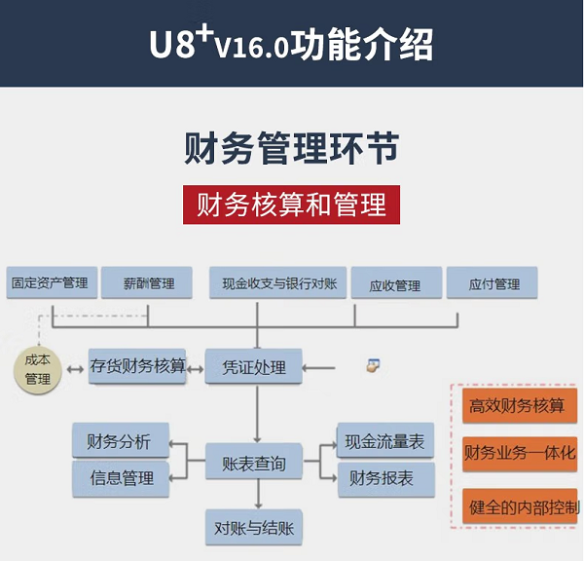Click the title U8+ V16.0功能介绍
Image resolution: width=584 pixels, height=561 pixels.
[x=291, y=44]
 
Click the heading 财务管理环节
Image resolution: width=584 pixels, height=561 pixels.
[x=291, y=150]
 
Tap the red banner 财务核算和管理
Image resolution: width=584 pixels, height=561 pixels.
[x=291, y=205]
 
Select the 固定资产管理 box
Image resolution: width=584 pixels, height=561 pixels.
[x=50, y=283]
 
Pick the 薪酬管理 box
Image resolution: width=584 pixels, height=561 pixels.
[x=149, y=283]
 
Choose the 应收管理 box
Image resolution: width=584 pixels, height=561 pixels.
[x=394, y=284]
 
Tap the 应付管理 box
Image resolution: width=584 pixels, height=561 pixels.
[x=493, y=284]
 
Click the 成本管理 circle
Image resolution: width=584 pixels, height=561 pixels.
[x=38, y=369]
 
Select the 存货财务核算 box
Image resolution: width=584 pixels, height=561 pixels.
[x=137, y=366]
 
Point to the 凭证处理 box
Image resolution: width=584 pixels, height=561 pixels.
[x=254, y=367]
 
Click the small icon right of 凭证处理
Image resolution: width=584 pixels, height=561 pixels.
[x=373, y=366]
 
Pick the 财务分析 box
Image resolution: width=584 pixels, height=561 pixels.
[x=120, y=441]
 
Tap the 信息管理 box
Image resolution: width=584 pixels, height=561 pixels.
[x=121, y=478]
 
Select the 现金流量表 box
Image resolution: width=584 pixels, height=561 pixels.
[x=385, y=442]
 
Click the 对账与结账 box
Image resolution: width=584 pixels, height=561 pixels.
[x=254, y=528]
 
